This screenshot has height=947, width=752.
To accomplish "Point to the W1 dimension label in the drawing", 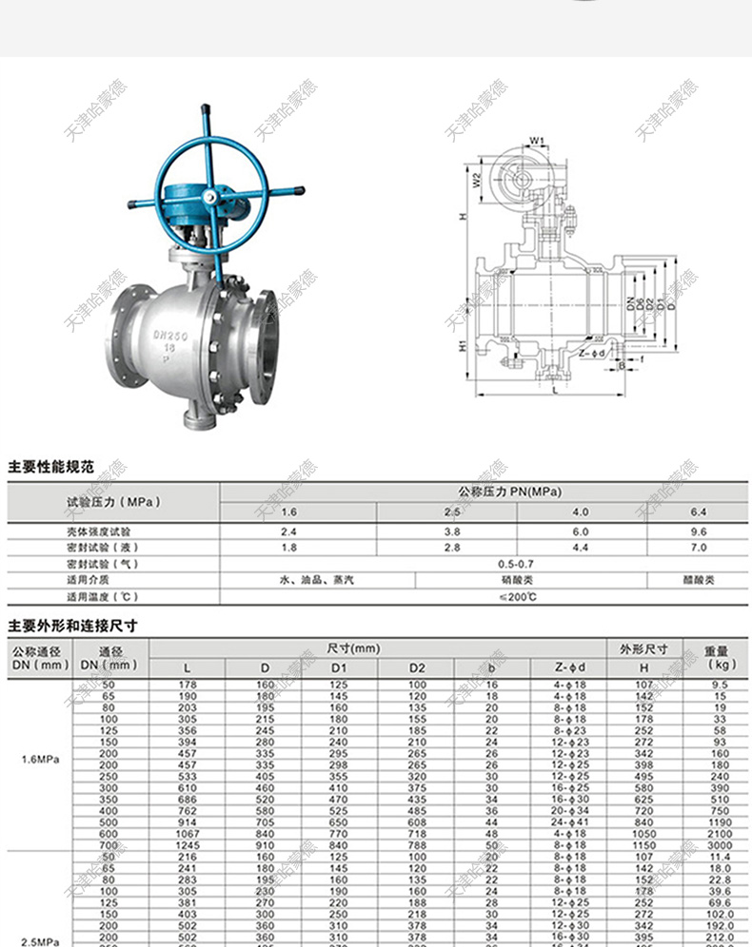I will click(537, 142).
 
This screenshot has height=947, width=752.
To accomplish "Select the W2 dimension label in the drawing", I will click(473, 179).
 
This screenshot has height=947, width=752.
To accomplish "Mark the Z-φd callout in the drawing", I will click(591, 354).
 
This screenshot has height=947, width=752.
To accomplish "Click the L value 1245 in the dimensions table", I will click(187, 844).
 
